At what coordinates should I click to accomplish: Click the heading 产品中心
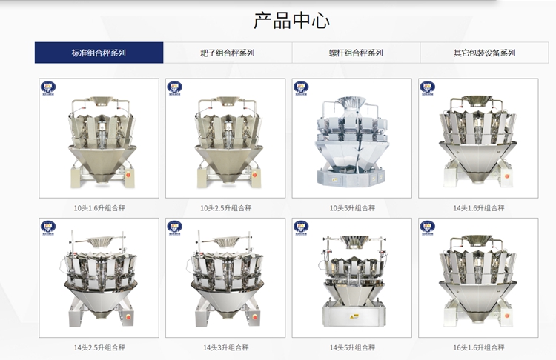coord(291,20)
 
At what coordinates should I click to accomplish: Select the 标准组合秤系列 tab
coord(99,53)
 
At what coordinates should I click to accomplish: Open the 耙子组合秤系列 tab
coord(227,53)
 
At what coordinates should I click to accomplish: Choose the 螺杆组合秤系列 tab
coord(356,53)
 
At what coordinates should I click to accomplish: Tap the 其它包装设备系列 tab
coord(484,53)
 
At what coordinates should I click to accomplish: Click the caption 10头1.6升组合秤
coord(99,208)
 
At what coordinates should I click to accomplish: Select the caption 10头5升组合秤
coord(352,208)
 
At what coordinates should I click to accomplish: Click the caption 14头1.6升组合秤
coord(479,208)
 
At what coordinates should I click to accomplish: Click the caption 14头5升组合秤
coord(352,347)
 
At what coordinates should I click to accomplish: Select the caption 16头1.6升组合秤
coord(479,347)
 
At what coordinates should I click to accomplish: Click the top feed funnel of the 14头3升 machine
coord(226,241)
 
